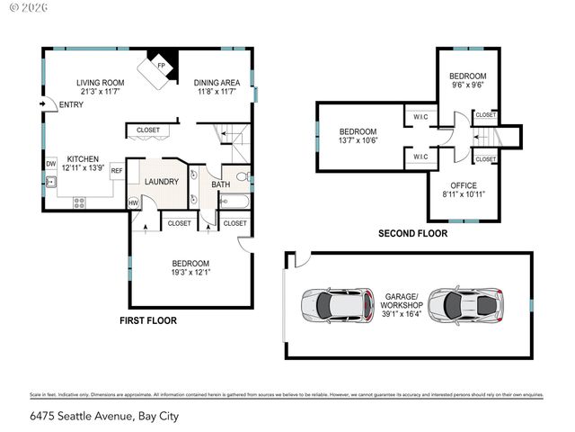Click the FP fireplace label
[x=162, y=66]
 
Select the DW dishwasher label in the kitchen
[x=51, y=164]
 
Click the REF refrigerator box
[x=117, y=170]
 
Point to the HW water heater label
[x=134, y=203]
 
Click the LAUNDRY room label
[x=162, y=182]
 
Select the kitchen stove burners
[x=78, y=202]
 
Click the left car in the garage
[x=337, y=305]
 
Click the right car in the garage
[x=465, y=305]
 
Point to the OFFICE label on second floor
[x=464, y=184]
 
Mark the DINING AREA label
[x=215, y=83]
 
